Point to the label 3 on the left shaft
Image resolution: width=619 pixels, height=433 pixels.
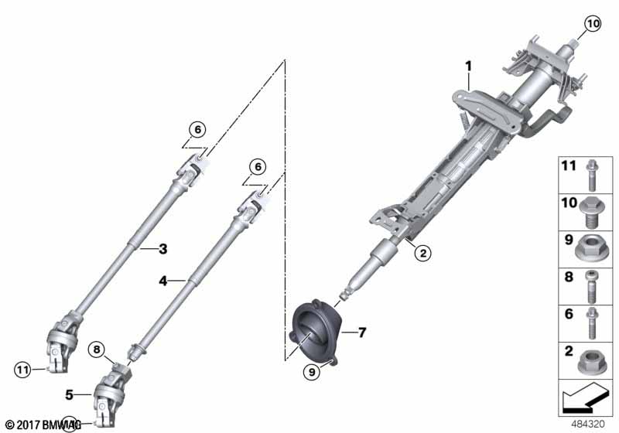tap(162, 248)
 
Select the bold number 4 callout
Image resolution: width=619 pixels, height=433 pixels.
tap(163, 281)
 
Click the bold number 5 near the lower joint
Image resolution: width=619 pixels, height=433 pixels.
tap(69, 394)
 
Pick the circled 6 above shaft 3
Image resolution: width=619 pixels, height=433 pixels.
tap(197, 130)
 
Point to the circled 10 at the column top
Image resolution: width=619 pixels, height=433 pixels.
tap(591, 24)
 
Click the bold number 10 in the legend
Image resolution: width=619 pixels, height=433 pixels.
tap(569, 202)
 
